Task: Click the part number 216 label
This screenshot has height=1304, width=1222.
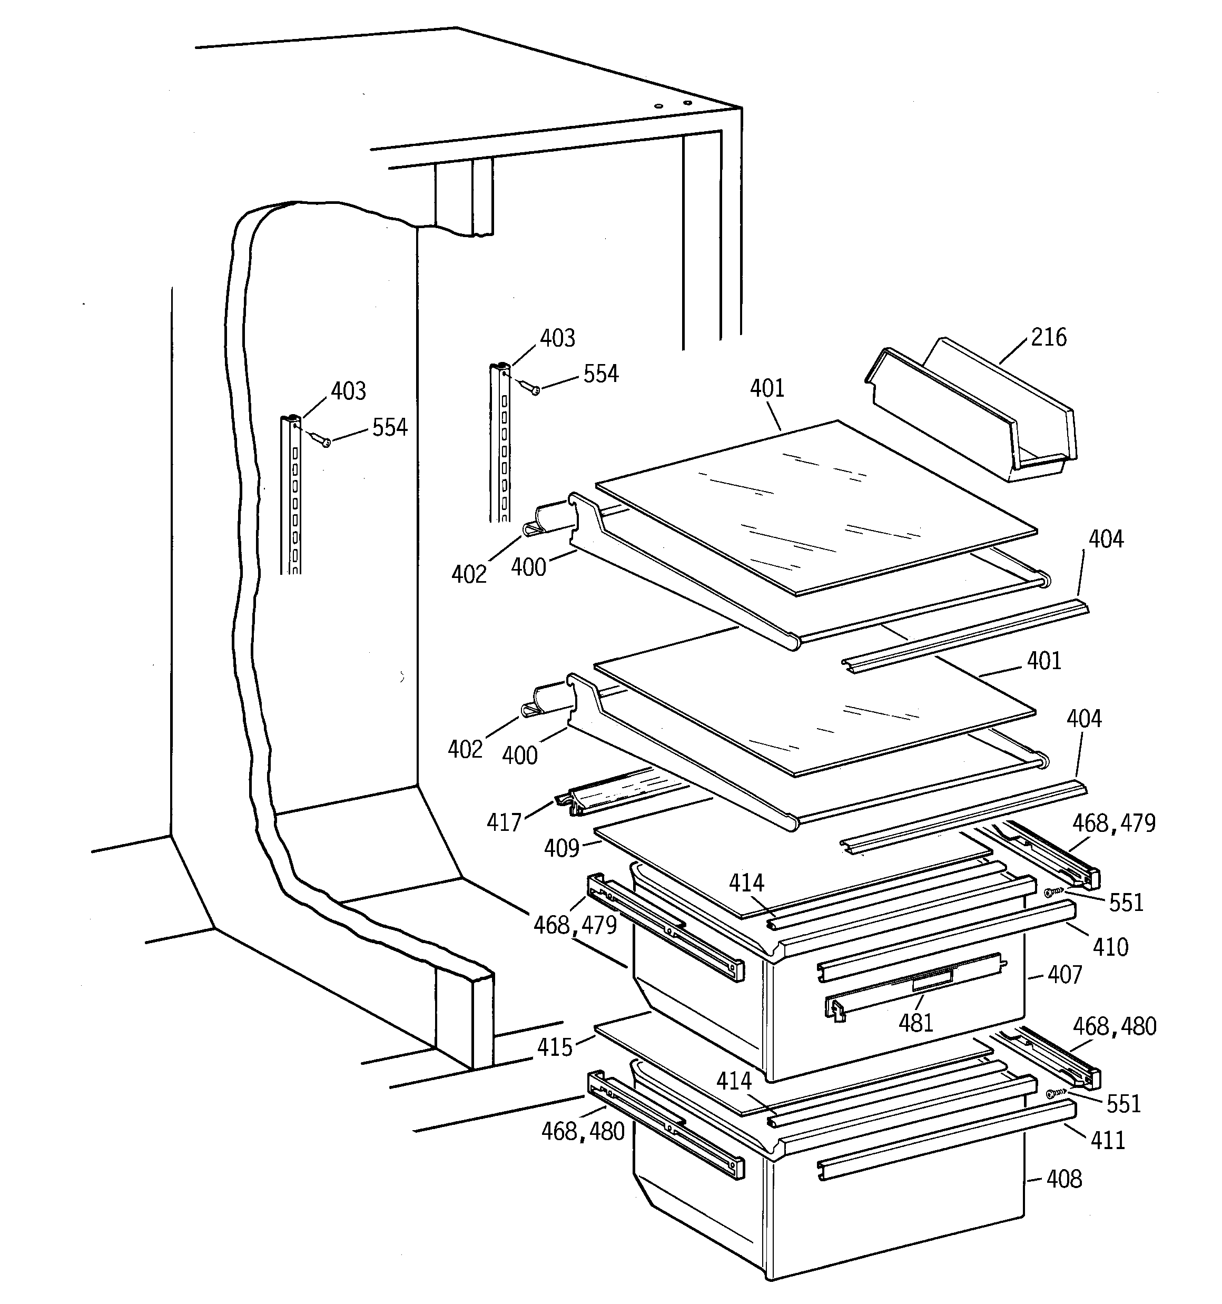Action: click(x=1048, y=337)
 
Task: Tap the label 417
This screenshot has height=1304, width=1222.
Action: click(x=503, y=822)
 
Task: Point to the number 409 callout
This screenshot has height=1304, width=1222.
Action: click(x=561, y=849)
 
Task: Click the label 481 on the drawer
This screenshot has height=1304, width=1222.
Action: click(x=915, y=1023)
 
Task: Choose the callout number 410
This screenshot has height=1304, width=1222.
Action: click(x=1110, y=947)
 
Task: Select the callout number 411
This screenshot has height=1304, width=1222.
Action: click(x=1108, y=1141)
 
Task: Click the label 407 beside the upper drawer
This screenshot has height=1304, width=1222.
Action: click(x=1064, y=975)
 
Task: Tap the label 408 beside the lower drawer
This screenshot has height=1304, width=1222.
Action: click(x=1063, y=1179)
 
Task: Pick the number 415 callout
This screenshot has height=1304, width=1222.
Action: click(x=555, y=1047)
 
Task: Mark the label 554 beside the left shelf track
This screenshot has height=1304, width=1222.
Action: click(x=390, y=428)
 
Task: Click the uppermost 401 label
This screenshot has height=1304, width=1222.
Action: click(x=767, y=388)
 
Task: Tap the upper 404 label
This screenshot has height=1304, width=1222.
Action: click(x=1106, y=539)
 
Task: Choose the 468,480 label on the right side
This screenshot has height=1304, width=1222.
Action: click(x=1114, y=1026)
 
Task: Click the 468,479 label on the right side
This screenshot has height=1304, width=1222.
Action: click(x=1114, y=823)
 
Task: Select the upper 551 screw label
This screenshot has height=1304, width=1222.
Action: click(x=1126, y=903)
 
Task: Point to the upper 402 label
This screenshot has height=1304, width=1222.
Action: click(x=468, y=575)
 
